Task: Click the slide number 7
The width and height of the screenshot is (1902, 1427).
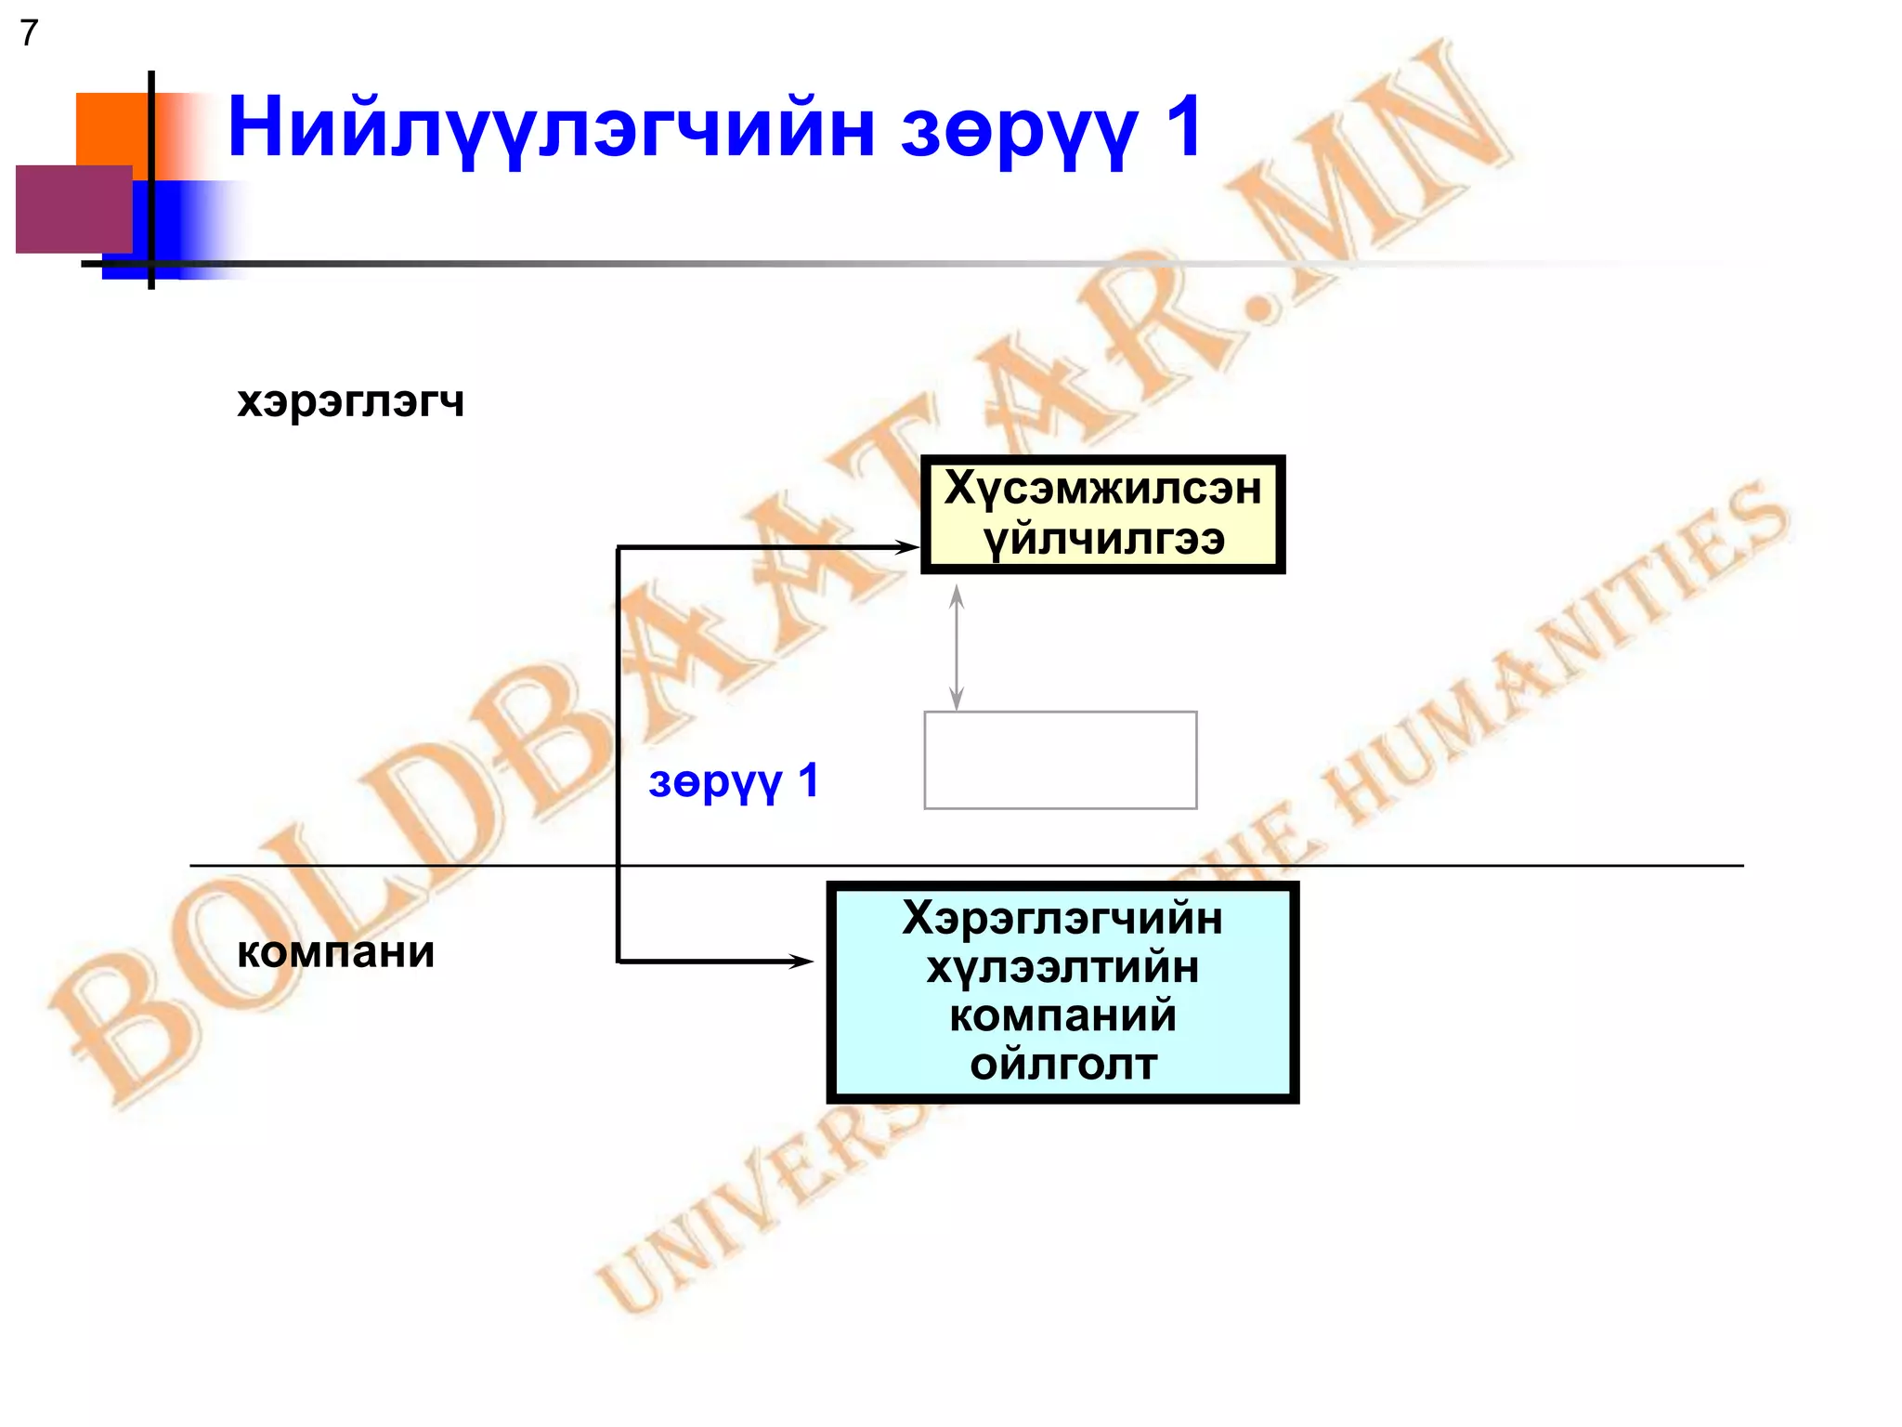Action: [29, 33]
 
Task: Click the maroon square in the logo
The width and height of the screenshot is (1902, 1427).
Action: [74, 209]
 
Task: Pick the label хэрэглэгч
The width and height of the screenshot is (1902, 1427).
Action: [350, 401]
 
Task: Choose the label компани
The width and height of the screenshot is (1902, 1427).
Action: [335, 952]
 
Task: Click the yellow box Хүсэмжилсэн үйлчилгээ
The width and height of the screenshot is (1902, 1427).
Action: [1102, 514]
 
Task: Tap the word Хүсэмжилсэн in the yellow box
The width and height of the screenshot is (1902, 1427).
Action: [1102, 489]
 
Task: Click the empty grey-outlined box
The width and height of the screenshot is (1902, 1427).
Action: [1060, 760]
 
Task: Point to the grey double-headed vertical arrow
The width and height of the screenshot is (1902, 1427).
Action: [956, 648]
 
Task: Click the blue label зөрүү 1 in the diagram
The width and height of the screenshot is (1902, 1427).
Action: [733, 781]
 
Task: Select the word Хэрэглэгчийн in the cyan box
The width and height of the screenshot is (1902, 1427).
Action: [1062, 918]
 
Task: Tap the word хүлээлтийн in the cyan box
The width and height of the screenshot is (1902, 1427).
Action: [1062, 967]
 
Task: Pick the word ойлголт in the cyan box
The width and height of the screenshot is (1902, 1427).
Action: [1063, 1065]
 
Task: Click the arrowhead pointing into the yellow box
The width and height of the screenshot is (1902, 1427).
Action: [906, 547]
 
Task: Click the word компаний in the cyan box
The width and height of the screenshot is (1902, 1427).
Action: [1062, 1015]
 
